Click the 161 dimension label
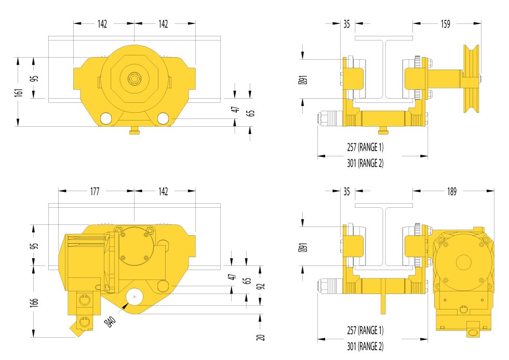(19, 92)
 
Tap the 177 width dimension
(95, 192)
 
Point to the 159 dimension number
(445, 24)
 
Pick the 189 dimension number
(452, 192)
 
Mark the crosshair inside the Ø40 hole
(135, 297)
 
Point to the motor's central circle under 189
(464, 262)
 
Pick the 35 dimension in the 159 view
(347, 24)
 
